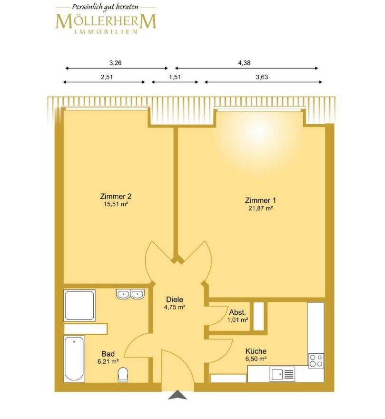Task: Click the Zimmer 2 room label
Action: pyautogui.click(x=116, y=196)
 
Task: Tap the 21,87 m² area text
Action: pyautogui.click(x=260, y=209)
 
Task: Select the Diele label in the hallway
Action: pyautogui.click(x=175, y=299)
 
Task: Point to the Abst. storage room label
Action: pyautogui.click(x=237, y=312)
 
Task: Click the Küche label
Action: pyautogui.click(x=256, y=351)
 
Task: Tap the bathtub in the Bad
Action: pyautogui.click(x=74, y=359)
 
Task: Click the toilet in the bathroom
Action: pyautogui.click(x=123, y=374)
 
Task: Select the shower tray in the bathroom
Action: pyautogui.click(x=79, y=305)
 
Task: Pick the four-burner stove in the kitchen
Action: pyautogui.click(x=316, y=361)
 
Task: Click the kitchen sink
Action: pyautogui.click(x=282, y=374)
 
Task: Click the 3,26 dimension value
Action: pyautogui.click(x=116, y=63)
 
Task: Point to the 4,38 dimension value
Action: pyautogui.click(x=244, y=63)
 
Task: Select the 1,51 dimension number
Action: pyautogui.click(x=175, y=77)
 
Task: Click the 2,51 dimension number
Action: pyautogui.click(x=107, y=77)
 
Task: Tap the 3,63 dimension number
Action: pyautogui.click(x=262, y=77)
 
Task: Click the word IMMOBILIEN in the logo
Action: pyautogui.click(x=106, y=32)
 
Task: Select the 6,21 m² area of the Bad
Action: pyautogui.click(x=108, y=362)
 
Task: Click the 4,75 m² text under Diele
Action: pyautogui.click(x=175, y=307)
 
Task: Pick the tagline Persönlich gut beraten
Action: pyautogui.click(x=105, y=7)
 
